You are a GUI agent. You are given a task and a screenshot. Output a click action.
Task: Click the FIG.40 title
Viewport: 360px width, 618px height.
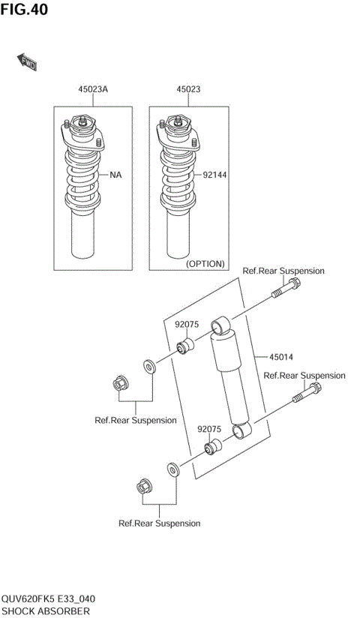pyautogui.click(x=24, y=10)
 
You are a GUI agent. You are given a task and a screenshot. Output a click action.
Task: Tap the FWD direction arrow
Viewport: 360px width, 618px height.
pyautogui.click(x=27, y=62)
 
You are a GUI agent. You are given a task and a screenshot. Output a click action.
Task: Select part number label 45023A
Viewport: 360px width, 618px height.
pyautogui.click(x=93, y=89)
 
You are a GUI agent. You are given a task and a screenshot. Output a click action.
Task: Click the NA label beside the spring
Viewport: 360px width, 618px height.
pyautogui.click(x=115, y=175)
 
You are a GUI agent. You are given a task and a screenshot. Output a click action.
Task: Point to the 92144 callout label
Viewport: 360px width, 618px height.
pyautogui.click(x=214, y=175)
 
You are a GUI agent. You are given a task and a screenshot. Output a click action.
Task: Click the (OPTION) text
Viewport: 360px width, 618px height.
pyautogui.click(x=205, y=263)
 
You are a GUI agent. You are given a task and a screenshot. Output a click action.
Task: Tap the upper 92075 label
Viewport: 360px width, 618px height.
pyautogui.click(x=186, y=325)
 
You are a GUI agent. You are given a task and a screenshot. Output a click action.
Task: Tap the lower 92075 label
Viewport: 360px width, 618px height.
pyautogui.click(x=208, y=430)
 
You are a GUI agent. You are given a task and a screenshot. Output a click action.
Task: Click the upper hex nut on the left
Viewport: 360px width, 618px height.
pyautogui.click(x=118, y=383)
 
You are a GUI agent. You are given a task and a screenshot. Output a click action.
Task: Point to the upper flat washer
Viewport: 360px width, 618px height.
pyautogui.click(x=148, y=367)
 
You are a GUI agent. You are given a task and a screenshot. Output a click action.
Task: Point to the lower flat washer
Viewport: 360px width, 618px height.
pyautogui.click(x=172, y=471)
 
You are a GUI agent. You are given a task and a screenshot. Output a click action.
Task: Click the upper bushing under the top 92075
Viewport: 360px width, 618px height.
pyautogui.click(x=185, y=347)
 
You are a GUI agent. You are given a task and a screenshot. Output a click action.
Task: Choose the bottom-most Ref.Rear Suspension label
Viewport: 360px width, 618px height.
pyautogui.click(x=159, y=523)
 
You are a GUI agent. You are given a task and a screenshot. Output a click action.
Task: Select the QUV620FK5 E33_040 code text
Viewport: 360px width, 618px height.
pyautogui.click(x=47, y=599)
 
